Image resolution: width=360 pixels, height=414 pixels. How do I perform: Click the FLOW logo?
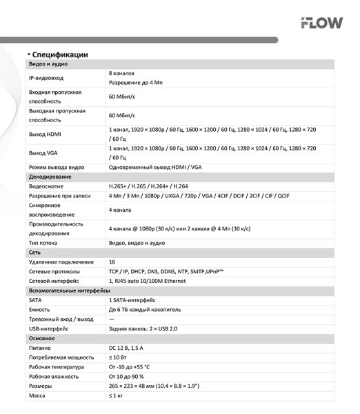tap(321, 23)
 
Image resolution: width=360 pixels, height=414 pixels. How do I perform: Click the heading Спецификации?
tap(59, 54)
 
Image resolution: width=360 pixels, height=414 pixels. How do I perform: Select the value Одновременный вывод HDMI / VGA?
tap(155, 167)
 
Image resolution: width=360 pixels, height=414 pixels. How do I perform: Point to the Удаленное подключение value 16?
tap(112, 262)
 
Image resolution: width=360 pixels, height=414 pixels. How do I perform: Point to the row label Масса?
tap(37, 395)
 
